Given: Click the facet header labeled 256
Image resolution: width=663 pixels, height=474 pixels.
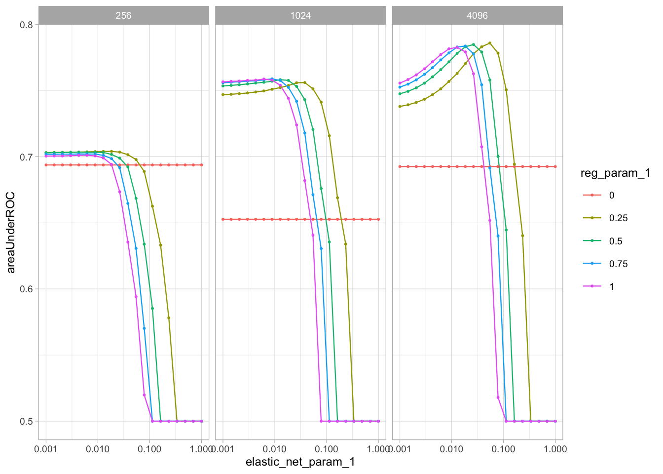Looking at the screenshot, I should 123,15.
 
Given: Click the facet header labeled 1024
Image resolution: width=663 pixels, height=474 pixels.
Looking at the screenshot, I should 300,15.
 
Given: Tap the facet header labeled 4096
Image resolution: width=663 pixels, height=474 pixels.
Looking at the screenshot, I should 477,15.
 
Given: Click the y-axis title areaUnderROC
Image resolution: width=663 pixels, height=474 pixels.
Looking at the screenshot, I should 10,232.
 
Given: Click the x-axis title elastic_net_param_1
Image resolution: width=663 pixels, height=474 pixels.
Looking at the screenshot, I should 300,462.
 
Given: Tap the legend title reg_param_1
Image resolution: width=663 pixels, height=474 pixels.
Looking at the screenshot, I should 615,173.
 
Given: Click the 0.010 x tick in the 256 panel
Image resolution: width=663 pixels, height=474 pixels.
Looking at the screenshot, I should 98,449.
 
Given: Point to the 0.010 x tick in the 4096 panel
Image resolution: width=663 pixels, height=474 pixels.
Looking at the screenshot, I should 451,449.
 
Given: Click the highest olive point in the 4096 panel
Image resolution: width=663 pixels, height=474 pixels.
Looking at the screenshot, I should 490,43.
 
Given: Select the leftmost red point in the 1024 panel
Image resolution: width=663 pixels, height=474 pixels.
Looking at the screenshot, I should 223,219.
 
